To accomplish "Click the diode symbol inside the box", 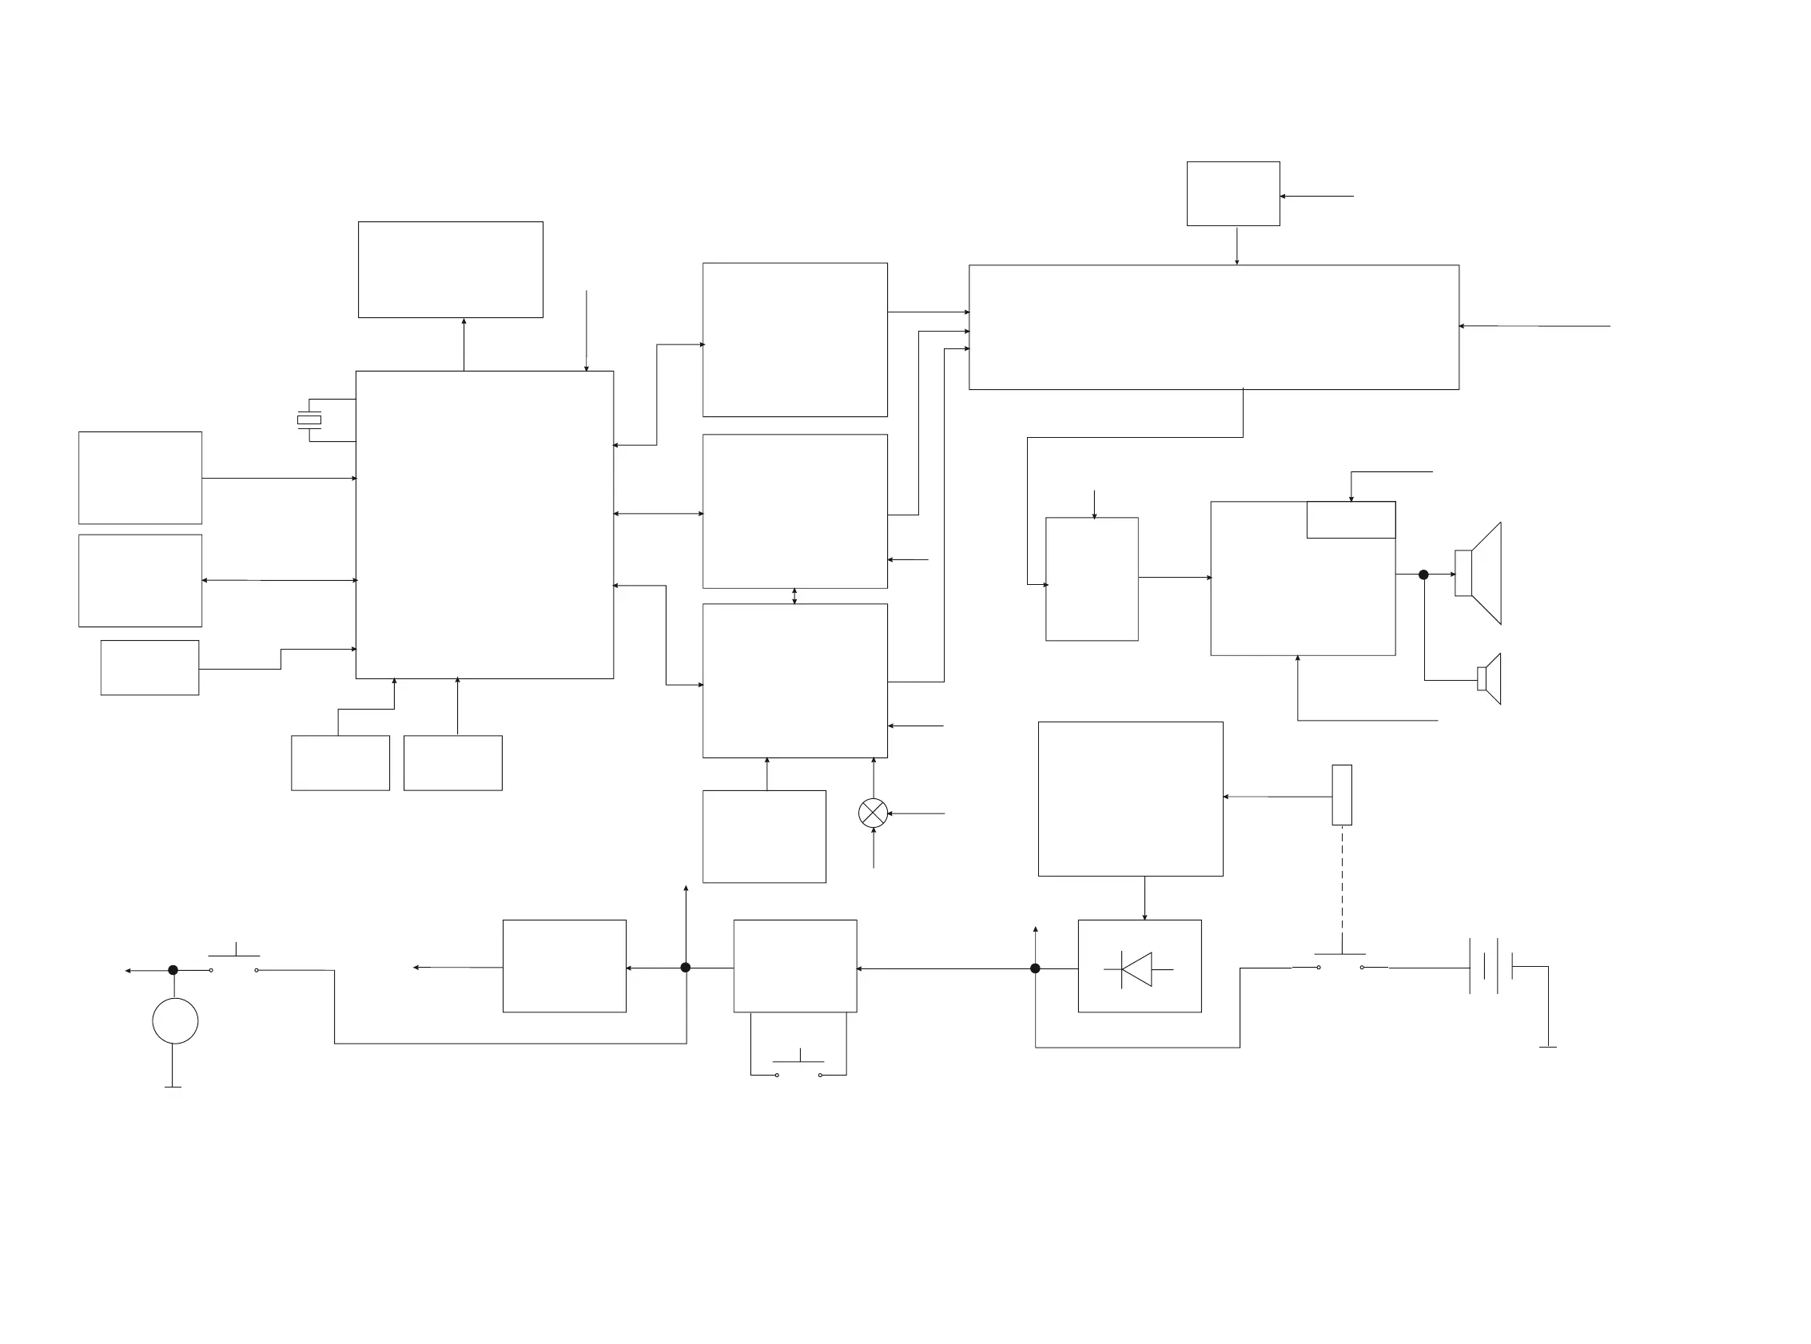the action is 1137,969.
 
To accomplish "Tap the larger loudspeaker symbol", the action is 1480,574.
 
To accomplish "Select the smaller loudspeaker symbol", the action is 1490,678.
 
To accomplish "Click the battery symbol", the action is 1491,967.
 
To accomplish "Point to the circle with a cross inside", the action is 873,813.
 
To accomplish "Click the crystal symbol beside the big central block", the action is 309,420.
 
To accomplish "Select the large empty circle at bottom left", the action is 175,1020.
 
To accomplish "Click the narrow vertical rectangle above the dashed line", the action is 1342,795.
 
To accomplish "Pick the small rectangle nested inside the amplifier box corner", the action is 1351,520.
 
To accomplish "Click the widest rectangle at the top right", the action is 1213,327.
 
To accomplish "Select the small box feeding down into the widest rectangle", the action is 1232,193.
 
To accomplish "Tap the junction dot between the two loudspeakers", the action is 1423,575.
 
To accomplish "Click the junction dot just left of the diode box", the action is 1035,968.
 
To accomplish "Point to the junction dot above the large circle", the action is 173,970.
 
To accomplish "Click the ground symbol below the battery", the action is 1547,1046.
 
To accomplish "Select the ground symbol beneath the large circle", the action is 173,1086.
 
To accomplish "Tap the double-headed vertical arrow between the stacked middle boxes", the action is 794,596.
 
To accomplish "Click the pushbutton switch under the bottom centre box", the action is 798,1066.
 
